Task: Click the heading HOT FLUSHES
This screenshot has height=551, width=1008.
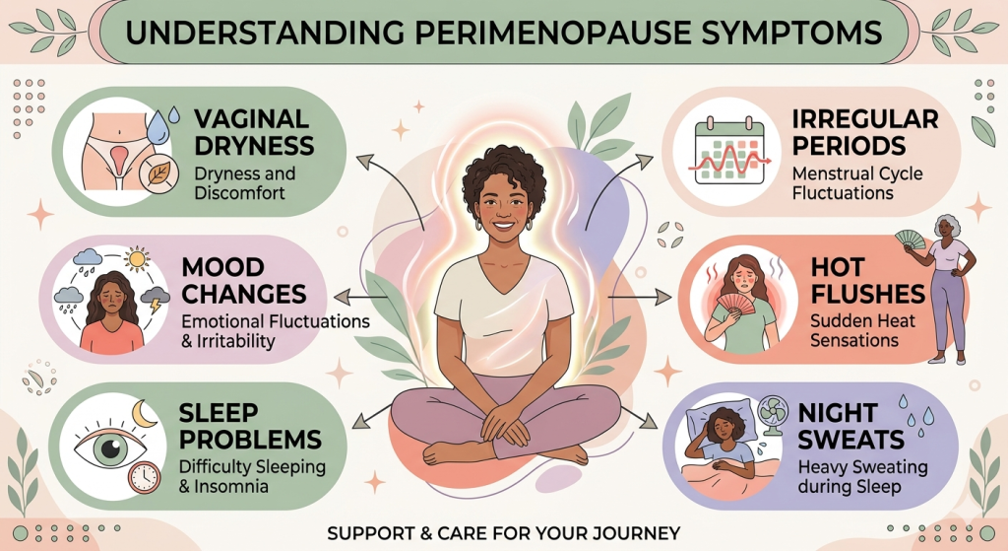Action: pos(866,281)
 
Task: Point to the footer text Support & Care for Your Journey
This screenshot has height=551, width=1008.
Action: pos(504,533)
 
